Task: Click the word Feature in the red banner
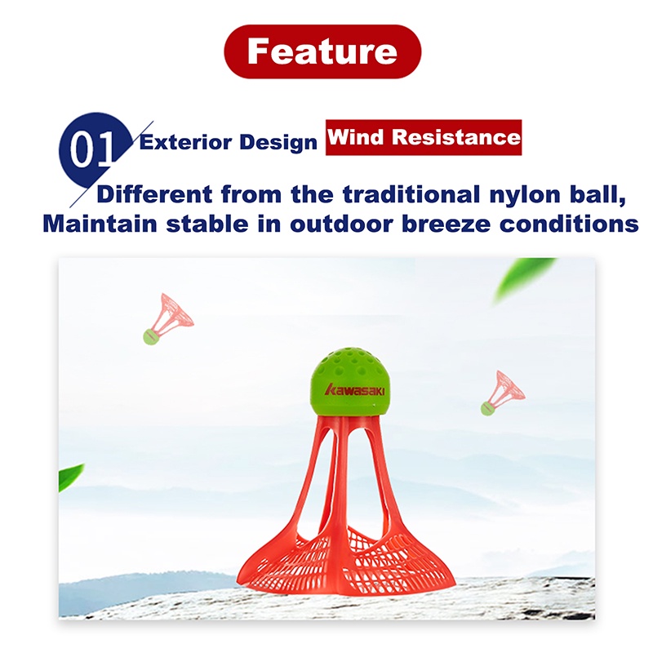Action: coord(322,51)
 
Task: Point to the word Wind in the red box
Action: coord(356,136)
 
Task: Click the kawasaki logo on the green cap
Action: coord(355,390)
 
